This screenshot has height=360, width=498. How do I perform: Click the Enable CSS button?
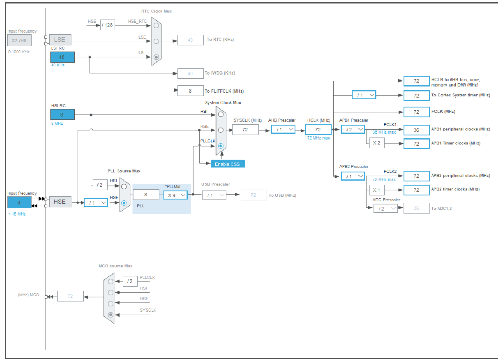(227, 164)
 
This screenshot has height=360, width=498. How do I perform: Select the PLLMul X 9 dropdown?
(176, 195)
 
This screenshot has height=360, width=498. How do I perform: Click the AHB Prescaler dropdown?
(283, 130)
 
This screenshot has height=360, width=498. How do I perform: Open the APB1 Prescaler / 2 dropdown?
(353, 130)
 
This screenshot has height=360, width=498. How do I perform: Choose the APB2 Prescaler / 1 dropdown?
(353, 176)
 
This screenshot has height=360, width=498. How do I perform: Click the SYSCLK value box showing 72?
(245, 130)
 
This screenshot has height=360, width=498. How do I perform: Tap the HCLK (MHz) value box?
(318, 130)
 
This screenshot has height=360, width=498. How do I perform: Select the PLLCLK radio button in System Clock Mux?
(221, 146)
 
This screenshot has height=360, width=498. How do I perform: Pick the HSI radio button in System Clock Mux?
(221, 114)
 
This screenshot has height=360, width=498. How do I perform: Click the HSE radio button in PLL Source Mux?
(124, 203)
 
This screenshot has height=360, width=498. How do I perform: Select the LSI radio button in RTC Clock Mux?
(156, 57)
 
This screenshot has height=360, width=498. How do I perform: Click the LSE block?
(60, 40)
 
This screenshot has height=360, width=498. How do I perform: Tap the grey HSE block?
(60, 202)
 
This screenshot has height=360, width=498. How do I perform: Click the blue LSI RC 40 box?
(62, 57)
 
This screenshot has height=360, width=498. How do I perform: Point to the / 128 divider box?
(107, 25)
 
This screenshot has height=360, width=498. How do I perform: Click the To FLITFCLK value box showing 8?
(190, 91)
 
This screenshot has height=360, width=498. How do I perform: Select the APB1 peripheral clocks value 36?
(416, 130)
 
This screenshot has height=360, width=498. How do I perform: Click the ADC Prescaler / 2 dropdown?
(385, 208)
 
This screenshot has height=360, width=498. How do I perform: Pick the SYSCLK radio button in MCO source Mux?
(111, 314)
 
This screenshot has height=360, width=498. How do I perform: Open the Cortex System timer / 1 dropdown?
(364, 95)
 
